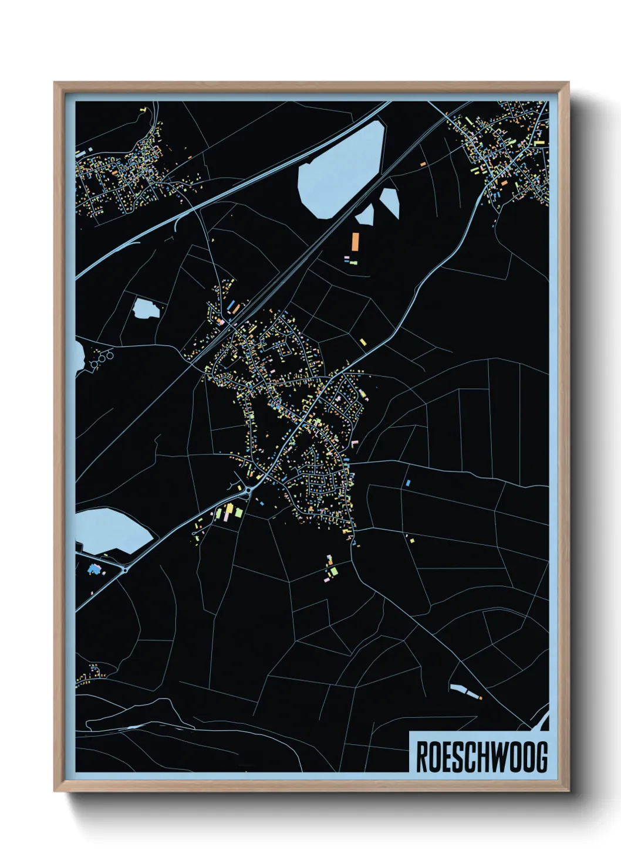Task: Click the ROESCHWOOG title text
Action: pos(481,757)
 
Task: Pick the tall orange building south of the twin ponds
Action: pos(355,241)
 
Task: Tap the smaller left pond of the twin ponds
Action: pos(365,216)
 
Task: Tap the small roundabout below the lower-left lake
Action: pos(125,569)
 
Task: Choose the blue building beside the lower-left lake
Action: pos(93,568)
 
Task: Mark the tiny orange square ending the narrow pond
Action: pos(480,698)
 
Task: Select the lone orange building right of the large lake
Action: pos(423,164)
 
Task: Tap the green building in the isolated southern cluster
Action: pos(333,571)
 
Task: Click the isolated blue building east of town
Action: pos(408,483)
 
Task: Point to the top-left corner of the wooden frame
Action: pos(55,83)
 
